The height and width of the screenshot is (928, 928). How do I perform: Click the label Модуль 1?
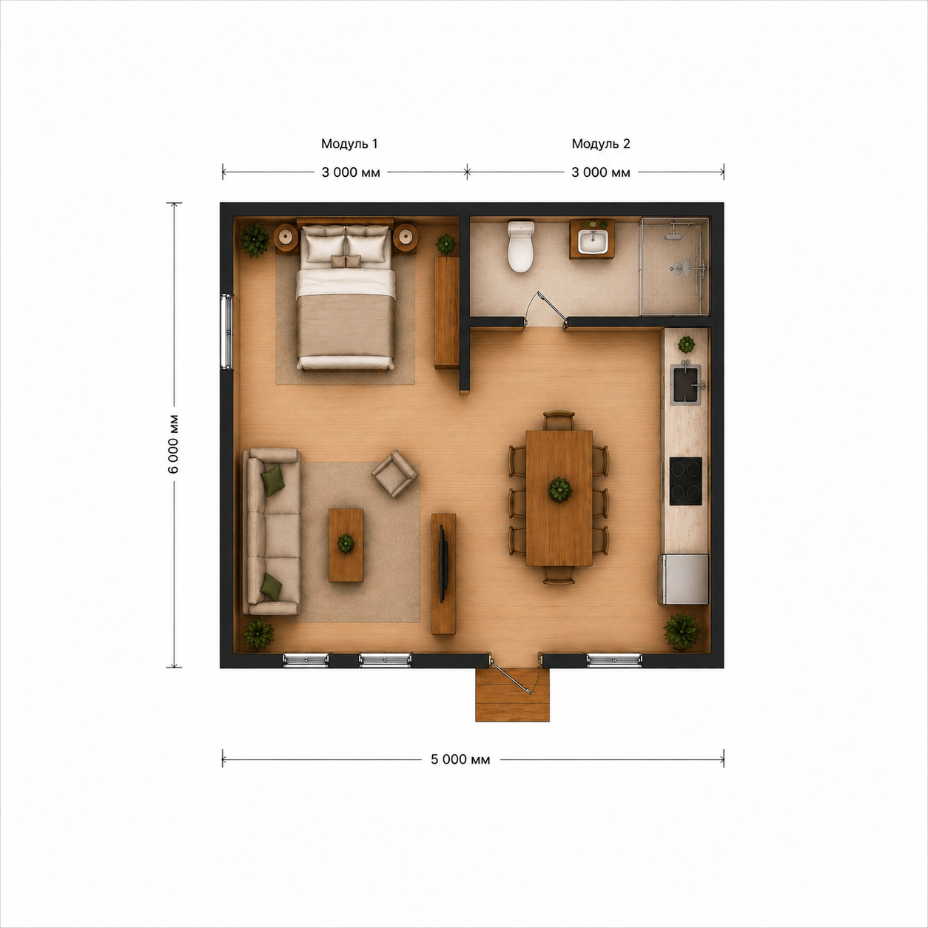pyautogui.click(x=349, y=144)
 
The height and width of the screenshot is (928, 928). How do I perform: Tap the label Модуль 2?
pyautogui.click(x=600, y=144)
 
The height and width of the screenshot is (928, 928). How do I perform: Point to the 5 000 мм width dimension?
pyautogui.click(x=460, y=759)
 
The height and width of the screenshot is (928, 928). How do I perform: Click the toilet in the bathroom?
pyautogui.click(x=520, y=246)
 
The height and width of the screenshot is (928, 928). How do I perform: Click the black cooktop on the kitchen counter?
pyautogui.click(x=685, y=481)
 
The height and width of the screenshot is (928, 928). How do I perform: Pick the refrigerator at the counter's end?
pyautogui.click(x=683, y=579)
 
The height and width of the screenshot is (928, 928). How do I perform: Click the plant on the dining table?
pyautogui.click(x=559, y=490)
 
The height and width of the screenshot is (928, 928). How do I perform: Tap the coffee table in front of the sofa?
pyautogui.click(x=346, y=545)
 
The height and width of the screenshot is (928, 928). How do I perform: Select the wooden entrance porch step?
pyautogui.click(x=512, y=694)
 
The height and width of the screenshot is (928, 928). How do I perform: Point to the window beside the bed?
pyautogui.click(x=226, y=331)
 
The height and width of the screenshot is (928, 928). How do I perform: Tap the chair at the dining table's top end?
pyautogui.click(x=559, y=420)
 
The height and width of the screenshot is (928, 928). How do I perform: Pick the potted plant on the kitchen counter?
pyautogui.click(x=686, y=344)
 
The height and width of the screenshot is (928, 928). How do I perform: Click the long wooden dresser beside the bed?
pyautogui.click(x=447, y=312)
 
